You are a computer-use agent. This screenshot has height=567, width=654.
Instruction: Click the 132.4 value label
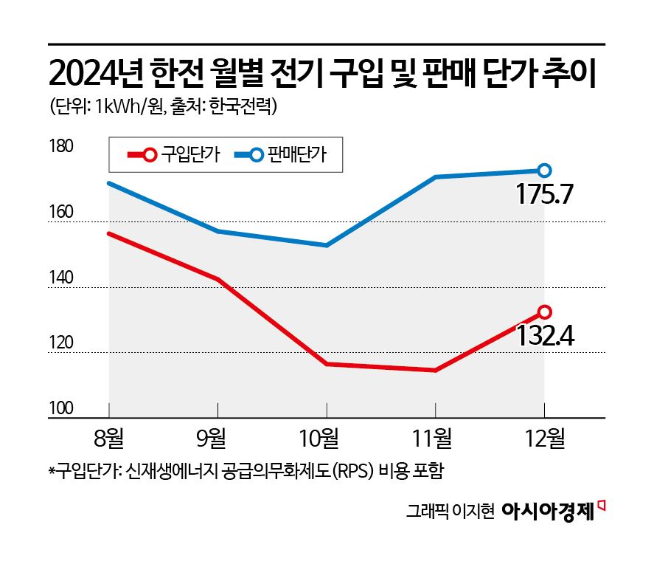pyautogui.click(x=545, y=337)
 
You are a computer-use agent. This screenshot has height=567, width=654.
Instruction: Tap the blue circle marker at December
pyautogui.click(x=544, y=171)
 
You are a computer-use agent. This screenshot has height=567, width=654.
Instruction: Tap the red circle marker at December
pyautogui.click(x=544, y=312)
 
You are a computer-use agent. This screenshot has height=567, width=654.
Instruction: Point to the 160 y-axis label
pyautogui.click(x=60, y=213)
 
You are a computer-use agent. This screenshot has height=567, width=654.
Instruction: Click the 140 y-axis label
pyautogui.click(x=60, y=278)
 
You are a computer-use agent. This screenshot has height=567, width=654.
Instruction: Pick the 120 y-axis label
pyautogui.click(x=60, y=344)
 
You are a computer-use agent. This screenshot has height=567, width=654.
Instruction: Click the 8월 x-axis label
pyautogui.click(x=108, y=440)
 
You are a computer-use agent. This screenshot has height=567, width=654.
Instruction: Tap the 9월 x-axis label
pyautogui.click(x=218, y=440)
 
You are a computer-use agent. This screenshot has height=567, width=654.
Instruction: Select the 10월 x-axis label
pyautogui.click(x=326, y=440)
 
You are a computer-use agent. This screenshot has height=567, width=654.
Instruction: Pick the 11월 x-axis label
pyautogui.click(x=435, y=440)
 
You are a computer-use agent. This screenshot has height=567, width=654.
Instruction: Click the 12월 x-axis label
pyautogui.click(x=544, y=440)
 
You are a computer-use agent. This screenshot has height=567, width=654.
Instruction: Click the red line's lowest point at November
pyautogui.click(x=435, y=370)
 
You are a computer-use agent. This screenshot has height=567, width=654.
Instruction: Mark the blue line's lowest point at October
pyautogui.click(x=326, y=245)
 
